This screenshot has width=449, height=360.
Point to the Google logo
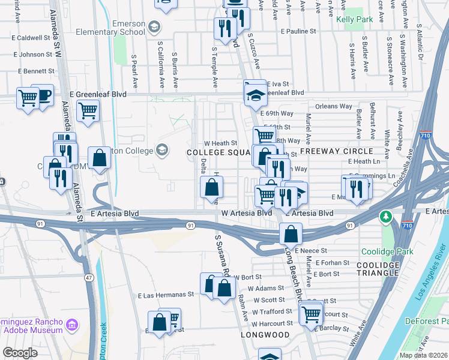pyautogui.click(x=20, y=353)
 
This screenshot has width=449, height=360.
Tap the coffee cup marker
pyautogui.click(x=43, y=95)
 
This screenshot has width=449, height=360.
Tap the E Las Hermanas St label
pyautogui.click(x=166, y=295)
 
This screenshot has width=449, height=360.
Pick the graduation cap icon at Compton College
pyautogui.click(x=161, y=149)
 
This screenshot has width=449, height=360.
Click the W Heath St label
pyautogui.click(x=221, y=143)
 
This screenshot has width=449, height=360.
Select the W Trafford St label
pyautogui.click(x=271, y=312)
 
